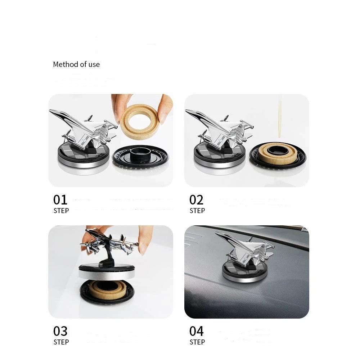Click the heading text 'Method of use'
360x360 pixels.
[x=76, y=64]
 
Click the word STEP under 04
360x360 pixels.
[x=197, y=342]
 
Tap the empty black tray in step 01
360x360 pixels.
[x=140, y=158]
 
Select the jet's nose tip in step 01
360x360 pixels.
[x=50, y=111]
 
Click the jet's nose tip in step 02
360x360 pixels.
[x=186, y=111]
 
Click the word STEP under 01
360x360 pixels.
[x=61, y=211]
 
